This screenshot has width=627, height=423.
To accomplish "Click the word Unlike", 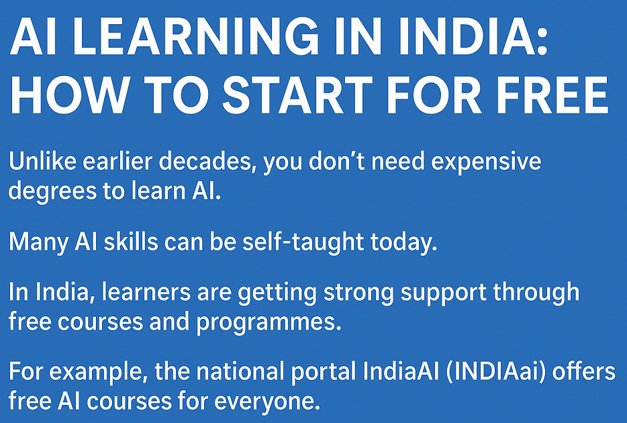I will point(41,162).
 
